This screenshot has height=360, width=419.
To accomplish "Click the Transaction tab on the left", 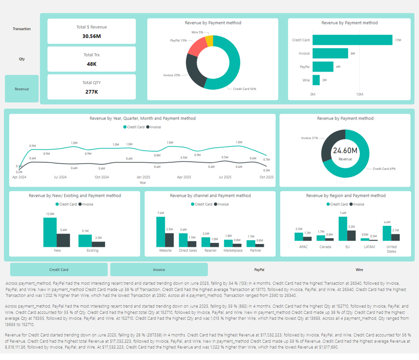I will [22, 29].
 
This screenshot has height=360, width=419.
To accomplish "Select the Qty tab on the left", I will [22, 59].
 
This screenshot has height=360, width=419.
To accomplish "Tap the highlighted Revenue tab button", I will [22, 89].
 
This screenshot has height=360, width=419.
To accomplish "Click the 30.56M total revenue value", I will [92, 36].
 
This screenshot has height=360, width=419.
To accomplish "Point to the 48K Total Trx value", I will [92, 64].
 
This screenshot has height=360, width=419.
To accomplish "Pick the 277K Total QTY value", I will [92, 92].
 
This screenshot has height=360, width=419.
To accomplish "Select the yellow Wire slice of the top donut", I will [209, 41].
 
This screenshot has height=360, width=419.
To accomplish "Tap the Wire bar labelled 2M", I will [316, 80].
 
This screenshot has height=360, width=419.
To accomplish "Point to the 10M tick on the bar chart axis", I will [359, 94].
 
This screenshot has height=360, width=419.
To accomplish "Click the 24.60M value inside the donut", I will [345, 151].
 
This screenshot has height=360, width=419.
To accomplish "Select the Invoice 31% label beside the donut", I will [309, 138].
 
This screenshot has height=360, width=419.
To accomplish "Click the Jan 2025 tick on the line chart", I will [143, 177].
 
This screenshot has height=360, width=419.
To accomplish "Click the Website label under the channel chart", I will [165, 250].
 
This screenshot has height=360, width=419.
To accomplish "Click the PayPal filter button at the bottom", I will [259, 269].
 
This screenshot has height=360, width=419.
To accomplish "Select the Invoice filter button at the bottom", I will [159, 269].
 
